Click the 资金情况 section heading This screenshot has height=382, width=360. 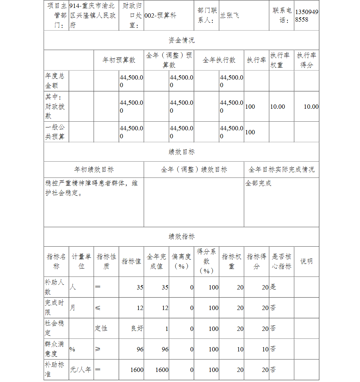coord(181,40)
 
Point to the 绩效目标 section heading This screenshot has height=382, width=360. coord(181,152)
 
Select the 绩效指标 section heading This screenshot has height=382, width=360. coord(181,237)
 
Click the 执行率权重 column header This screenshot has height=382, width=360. coord(281,60)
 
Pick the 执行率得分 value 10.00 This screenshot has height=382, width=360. coord(311,107)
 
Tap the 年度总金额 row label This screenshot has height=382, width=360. coord(55,81)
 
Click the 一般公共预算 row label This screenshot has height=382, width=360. coord(55,132)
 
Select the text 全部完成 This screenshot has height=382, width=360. coord(258,183)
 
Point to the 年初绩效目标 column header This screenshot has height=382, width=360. coord(94,170)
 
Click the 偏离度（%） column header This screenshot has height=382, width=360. coord(181,261)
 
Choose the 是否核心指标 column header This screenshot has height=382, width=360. coord(281,261)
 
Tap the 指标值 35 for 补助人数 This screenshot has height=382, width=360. coord(140,287)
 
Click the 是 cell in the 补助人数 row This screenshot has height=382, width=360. coord(273,287)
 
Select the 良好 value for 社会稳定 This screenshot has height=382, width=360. coord(137,328)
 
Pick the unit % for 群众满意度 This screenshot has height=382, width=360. coord(72,349)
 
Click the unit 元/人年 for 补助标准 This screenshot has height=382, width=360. coord(81,370)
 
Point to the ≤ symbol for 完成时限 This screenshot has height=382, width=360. coord(98,308)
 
